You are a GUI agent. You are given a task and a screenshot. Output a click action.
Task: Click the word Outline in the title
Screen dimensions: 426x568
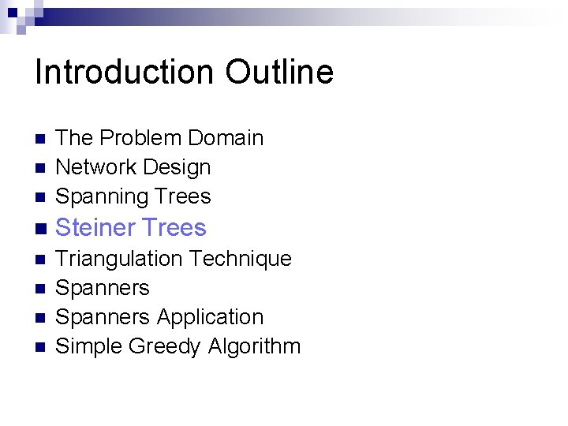[x=279, y=73]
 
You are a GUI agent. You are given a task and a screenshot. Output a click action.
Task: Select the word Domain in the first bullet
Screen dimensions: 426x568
[x=225, y=138]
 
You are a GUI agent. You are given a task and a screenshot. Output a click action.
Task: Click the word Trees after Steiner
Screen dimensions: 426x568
[x=170, y=228]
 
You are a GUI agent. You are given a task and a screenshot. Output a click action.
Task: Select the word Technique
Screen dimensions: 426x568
[x=241, y=259]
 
